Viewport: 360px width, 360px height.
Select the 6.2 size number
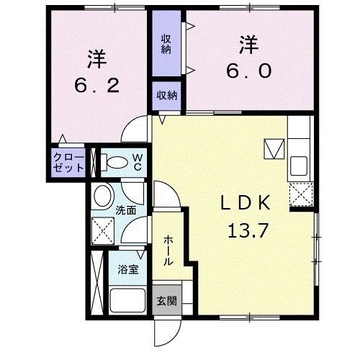click(x=97, y=84)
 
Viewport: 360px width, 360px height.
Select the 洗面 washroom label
click(x=126, y=211)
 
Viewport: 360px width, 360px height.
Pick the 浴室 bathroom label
click(x=128, y=271)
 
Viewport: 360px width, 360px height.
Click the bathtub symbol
click(x=127, y=299)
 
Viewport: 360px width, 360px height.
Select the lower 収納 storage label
click(x=166, y=94)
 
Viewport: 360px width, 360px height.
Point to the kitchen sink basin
click(x=299, y=168)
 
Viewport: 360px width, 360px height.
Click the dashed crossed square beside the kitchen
click(x=300, y=195)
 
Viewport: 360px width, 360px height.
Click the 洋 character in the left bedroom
click(x=97, y=56)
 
